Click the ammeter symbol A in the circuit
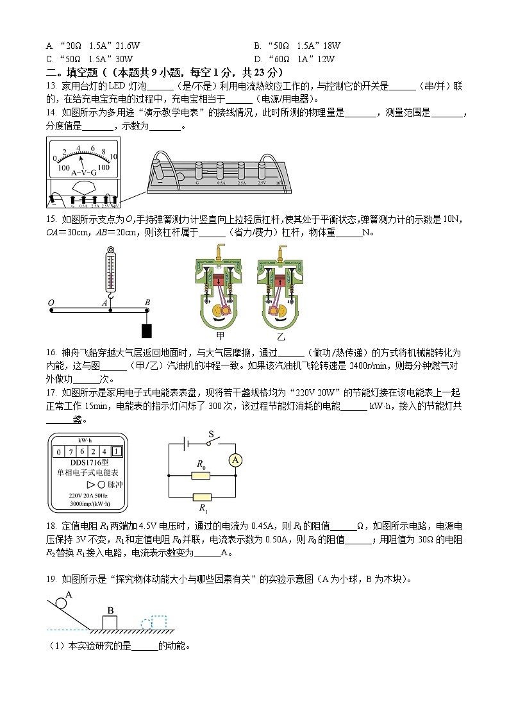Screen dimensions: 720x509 [235, 460]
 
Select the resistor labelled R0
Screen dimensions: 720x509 [201, 476]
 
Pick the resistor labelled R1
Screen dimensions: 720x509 [201, 497]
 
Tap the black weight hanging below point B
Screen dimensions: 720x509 [147, 330]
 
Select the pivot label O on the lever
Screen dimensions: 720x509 [51, 303]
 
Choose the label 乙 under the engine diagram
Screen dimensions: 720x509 [281, 336]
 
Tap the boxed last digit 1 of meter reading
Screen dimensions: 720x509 [115, 451]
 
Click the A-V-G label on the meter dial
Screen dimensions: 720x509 [83, 172]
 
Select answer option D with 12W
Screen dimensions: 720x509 [295, 59]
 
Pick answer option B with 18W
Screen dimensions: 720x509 [297, 46]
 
